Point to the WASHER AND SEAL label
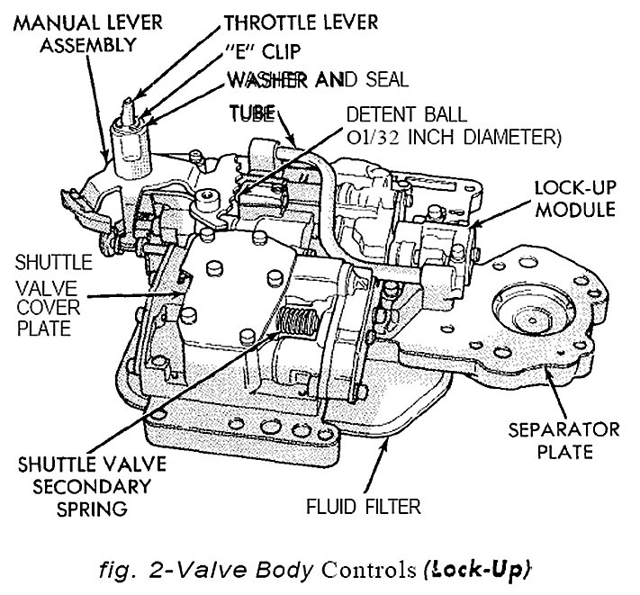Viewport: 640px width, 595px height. pyautogui.click(x=316, y=80)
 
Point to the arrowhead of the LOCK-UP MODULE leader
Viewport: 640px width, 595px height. pyautogui.click(x=478, y=223)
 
